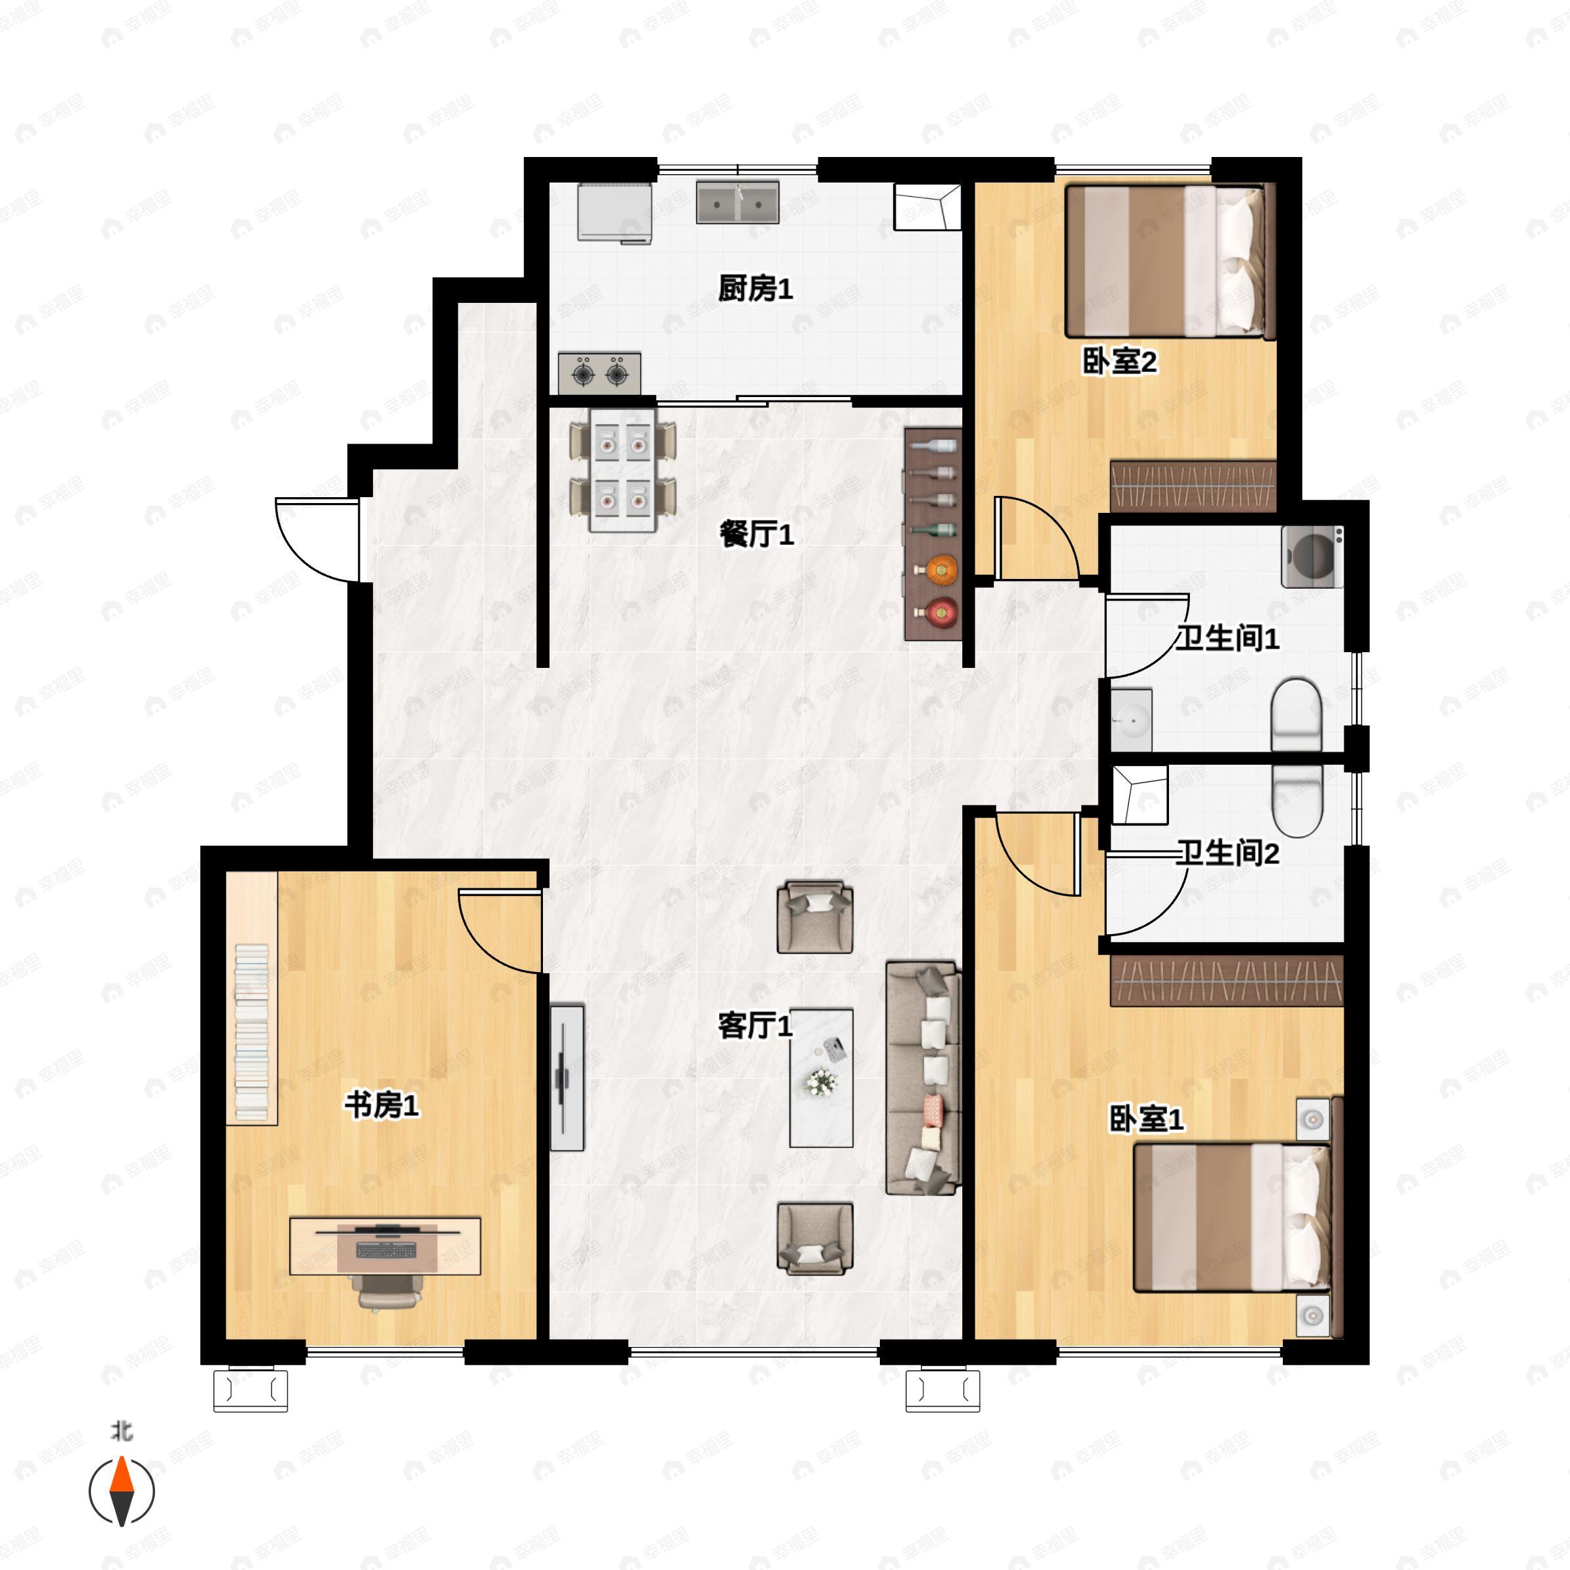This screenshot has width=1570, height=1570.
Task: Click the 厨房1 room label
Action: (x=755, y=288)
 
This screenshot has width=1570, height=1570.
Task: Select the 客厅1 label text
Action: (x=755, y=1026)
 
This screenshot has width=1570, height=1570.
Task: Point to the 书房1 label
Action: (x=382, y=1105)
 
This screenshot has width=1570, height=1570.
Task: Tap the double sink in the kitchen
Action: (x=737, y=202)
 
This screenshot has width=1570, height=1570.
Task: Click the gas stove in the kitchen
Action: (x=600, y=374)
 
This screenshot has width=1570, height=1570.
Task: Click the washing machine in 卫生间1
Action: (x=1312, y=557)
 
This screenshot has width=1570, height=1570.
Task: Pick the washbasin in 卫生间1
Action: (x=1131, y=720)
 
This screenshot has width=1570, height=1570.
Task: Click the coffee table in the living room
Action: (x=822, y=1078)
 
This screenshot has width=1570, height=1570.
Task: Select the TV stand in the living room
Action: (x=567, y=1077)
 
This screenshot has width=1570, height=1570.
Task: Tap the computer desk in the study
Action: (x=385, y=1246)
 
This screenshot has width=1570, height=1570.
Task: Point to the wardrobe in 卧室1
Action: (x=1227, y=981)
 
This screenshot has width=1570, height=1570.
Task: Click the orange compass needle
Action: (x=122, y=1487)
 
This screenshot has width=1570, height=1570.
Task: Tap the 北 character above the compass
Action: (x=122, y=1430)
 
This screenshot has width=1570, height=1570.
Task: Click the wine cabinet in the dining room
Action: (x=933, y=533)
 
